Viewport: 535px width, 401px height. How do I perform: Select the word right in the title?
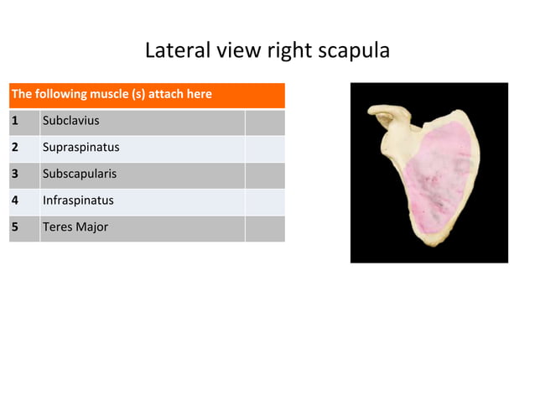coord(289,50)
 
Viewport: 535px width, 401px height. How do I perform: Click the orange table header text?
coord(112,94)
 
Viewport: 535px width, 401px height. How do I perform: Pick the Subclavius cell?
coord(70,121)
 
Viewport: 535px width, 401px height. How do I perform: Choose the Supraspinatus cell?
coord(81,148)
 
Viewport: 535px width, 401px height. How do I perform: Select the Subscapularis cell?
coord(79,174)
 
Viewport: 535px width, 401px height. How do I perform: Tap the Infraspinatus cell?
coord(78,200)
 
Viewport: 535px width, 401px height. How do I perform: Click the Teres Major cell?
coord(75,227)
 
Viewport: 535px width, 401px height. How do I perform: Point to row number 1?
coord(15,121)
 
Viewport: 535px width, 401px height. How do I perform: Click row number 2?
coord(15,148)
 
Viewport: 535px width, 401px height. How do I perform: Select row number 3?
coord(15,174)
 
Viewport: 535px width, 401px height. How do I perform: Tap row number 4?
coord(15,200)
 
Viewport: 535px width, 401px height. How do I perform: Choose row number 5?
coord(15,227)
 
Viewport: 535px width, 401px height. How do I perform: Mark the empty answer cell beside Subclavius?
coord(264,122)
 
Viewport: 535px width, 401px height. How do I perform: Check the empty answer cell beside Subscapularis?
coord(264,174)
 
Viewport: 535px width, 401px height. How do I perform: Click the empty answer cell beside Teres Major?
coord(264,228)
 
